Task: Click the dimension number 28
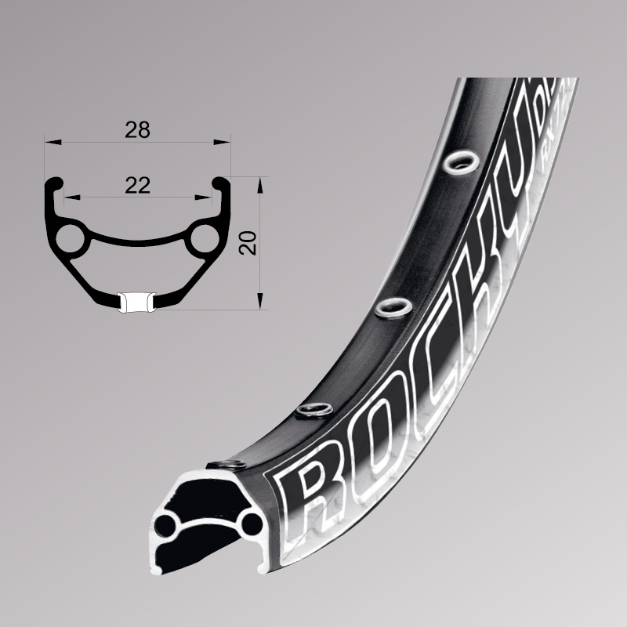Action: (x=138, y=130)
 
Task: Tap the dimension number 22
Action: (x=138, y=185)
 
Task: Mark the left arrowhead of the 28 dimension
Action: (x=49, y=143)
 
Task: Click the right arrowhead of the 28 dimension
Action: (x=227, y=143)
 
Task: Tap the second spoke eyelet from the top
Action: (x=390, y=306)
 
